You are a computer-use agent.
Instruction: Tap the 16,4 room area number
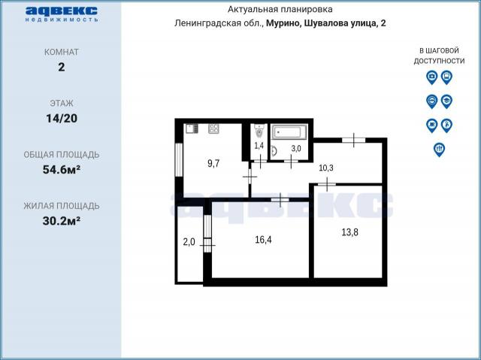click(x=262, y=241)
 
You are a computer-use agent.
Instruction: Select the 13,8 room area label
click(x=349, y=233)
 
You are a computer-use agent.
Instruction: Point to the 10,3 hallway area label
click(x=326, y=168)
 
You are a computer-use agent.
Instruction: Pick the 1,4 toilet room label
click(x=259, y=145)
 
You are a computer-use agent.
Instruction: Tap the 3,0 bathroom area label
click(x=295, y=149)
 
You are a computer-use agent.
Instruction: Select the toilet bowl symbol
click(x=259, y=129)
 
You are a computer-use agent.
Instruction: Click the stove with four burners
click(x=213, y=128)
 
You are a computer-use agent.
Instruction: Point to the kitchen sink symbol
click(x=192, y=128)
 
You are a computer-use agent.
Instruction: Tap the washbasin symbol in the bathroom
click(x=274, y=150)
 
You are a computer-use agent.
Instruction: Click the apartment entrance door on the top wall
click(x=352, y=140)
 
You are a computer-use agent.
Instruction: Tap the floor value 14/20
click(x=61, y=118)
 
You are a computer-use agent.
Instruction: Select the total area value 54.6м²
click(x=61, y=169)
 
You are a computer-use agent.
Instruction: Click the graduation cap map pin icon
click(x=446, y=101)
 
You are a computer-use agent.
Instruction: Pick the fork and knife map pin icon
click(x=439, y=149)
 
